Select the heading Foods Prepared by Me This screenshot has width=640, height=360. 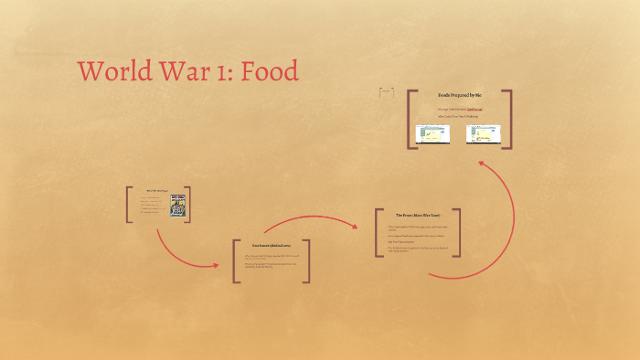(x=459, y=96)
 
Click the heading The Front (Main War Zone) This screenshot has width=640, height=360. (x=417, y=216)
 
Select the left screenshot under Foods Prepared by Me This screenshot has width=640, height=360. (x=432, y=134)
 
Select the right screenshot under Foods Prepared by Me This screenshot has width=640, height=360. (x=484, y=134)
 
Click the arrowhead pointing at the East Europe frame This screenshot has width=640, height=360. (x=216, y=266)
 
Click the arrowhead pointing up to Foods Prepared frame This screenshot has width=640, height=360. (x=481, y=164)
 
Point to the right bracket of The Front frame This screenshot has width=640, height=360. (x=458, y=233)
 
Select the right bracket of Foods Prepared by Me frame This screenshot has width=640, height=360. (x=508, y=119)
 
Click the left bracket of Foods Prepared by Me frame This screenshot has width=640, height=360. (x=410, y=119)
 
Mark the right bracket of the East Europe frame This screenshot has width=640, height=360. (x=307, y=261)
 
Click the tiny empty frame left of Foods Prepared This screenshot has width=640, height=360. (x=386, y=92)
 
